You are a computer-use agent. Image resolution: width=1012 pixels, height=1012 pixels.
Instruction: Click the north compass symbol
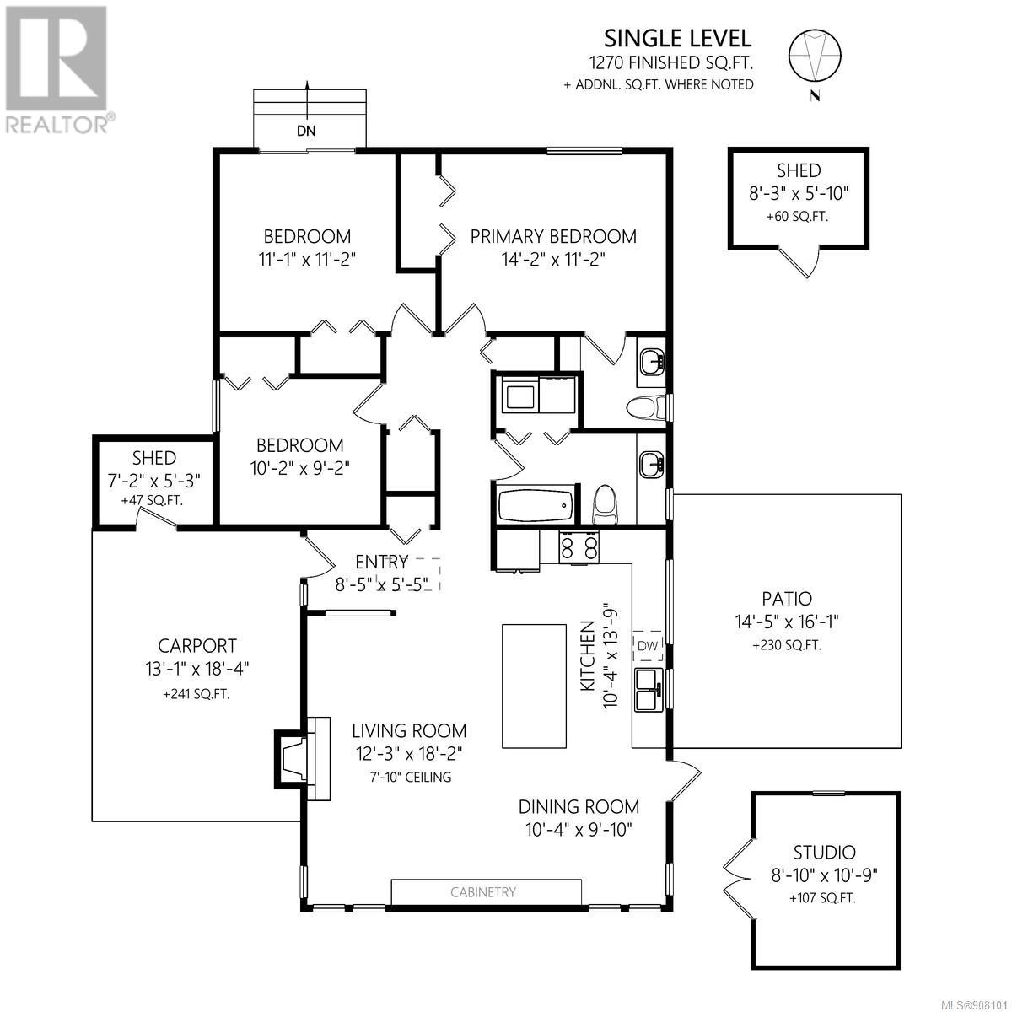(x=815, y=61)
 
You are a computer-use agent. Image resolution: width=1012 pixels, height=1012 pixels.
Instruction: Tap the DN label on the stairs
(x=306, y=131)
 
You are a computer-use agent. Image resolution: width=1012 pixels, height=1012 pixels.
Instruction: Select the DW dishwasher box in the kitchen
(x=648, y=645)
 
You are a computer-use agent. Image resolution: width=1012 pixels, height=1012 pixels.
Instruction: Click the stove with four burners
(x=579, y=546)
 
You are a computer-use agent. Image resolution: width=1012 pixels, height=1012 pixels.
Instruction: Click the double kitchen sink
(x=649, y=689)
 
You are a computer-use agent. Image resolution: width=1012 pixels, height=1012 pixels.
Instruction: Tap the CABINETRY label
(x=483, y=891)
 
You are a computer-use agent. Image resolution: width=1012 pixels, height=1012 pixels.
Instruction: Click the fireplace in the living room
(x=302, y=759)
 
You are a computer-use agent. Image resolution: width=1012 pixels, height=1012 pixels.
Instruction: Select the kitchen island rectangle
(x=534, y=686)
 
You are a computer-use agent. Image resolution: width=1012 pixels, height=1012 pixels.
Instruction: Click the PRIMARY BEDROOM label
(x=553, y=236)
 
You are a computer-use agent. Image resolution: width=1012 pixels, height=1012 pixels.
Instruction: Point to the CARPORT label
(x=197, y=645)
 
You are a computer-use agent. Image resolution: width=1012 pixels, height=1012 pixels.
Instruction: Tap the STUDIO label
(x=824, y=852)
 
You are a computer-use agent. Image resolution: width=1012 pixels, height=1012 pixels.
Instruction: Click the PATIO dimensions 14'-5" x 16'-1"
(x=787, y=622)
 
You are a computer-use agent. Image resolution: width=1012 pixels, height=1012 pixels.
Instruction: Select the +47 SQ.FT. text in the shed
(x=152, y=500)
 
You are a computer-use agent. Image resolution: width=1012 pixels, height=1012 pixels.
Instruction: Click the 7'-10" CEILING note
(x=411, y=777)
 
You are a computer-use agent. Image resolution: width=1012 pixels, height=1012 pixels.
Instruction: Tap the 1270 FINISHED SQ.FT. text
(x=671, y=63)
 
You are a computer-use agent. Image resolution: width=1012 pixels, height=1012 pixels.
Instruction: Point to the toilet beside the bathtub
(x=605, y=503)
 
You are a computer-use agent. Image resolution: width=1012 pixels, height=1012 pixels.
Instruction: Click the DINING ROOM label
(x=579, y=806)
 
